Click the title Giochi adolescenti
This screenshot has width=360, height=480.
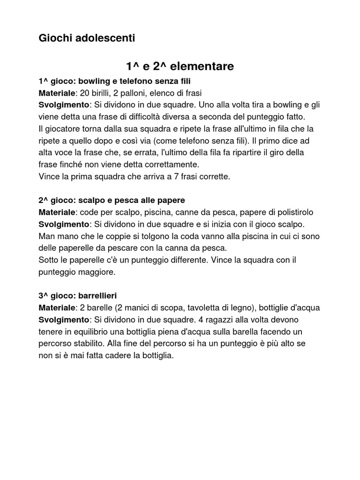click(87, 38)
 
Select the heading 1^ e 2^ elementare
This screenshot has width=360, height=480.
click(180, 67)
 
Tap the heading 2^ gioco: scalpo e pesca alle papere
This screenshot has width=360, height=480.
click(112, 200)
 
